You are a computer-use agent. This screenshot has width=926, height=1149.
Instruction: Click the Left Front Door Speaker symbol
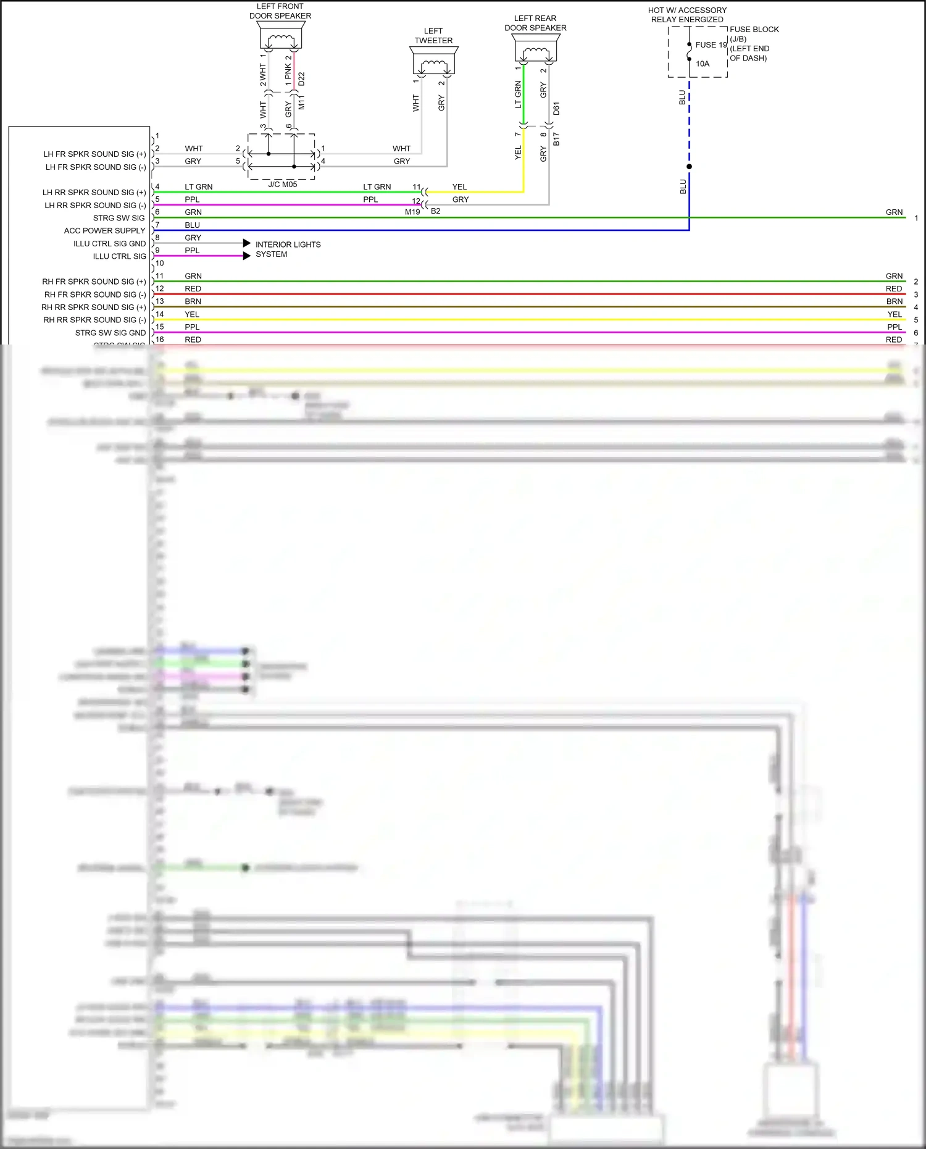pos(282,36)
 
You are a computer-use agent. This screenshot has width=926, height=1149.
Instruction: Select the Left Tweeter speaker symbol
pos(434,61)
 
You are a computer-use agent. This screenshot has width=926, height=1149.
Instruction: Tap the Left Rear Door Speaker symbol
pos(535,48)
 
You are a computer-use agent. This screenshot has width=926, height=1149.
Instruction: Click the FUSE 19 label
pos(711,45)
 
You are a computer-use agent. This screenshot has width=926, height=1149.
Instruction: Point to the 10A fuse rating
pos(703,64)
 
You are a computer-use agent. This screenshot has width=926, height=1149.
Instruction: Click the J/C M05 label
pos(283,185)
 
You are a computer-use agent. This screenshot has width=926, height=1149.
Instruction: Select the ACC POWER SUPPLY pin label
pos(104,231)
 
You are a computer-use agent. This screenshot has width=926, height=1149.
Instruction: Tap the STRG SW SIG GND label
pos(111,333)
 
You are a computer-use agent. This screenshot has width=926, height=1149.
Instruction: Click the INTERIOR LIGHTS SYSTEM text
pos(288,249)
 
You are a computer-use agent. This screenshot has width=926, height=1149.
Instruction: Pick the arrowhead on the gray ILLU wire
pos(247,243)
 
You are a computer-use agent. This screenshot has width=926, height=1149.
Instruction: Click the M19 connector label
pos(412,212)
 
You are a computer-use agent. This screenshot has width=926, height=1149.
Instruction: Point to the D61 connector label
pos(556,109)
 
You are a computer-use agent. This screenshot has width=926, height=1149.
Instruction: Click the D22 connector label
pos(301,79)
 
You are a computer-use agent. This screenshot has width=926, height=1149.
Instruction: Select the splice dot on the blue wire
pos(689,167)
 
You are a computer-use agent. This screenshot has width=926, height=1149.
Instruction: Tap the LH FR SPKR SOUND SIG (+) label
pos(94,154)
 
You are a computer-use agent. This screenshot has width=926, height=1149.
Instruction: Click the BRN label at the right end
pos(894,302)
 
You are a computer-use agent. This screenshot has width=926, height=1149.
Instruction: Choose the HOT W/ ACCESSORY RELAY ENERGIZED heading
pos(687,15)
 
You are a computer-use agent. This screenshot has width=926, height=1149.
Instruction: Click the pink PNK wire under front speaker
pos(294,71)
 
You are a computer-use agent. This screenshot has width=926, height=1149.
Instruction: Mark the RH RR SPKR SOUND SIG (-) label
pos(94,320)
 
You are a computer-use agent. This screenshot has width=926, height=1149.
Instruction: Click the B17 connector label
pos(556,139)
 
